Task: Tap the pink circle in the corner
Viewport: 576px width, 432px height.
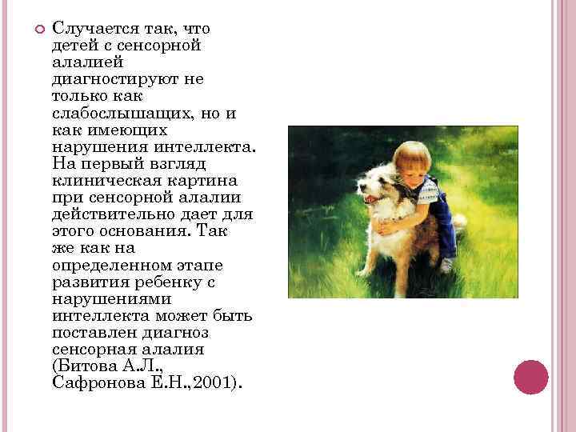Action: pyautogui.click(x=530, y=377)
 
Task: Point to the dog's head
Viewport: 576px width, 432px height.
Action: pyautogui.click(x=379, y=184)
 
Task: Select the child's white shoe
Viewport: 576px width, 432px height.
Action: pyautogui.click(x=447, y=263)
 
